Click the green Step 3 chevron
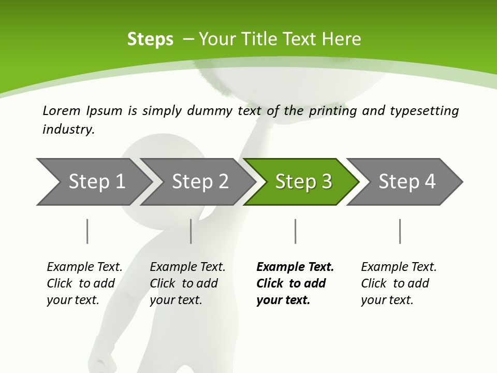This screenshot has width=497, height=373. (x=303, y=182)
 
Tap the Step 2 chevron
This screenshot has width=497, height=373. (x=200, y=182)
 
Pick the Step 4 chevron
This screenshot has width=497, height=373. (x=406, y=182)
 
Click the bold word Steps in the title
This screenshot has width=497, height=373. (x=150, y=39)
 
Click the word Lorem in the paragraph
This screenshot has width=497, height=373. (x=61, y=110)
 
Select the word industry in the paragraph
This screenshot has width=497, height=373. (x=68, y=130)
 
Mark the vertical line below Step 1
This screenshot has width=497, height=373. (x=87, y=231)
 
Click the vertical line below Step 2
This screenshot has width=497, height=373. (x=191, y=231)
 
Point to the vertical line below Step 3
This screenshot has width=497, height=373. (x=295, y=231)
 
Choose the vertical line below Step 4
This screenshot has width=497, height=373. (x=400, y=231)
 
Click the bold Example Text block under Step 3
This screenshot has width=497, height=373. (x=295, y=283)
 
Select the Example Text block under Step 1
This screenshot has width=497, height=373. (x=84, y=283)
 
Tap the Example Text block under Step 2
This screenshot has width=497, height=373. (x=187, y=283)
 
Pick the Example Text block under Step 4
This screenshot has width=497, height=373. (x=399, y=283)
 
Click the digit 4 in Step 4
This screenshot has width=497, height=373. (x=429, y=182)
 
